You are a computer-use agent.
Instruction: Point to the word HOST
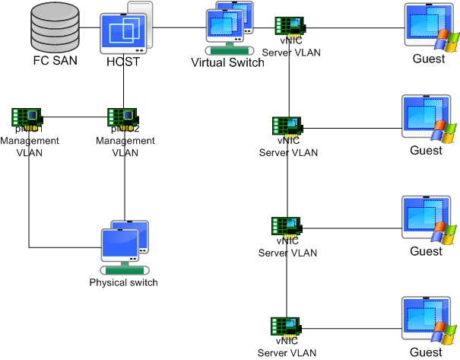123,62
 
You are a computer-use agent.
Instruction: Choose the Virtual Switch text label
227,62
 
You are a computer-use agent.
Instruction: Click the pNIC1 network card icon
27,117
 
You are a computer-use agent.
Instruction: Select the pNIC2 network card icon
122,117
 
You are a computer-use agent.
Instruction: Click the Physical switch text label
123,282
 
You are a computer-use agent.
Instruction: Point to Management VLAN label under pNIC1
29,146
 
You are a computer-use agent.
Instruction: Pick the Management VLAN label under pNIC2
125,146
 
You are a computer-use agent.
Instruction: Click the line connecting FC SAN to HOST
90,28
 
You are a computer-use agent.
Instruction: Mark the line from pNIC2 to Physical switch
124,190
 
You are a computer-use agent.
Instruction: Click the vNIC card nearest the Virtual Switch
290,26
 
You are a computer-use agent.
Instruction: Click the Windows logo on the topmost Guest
442,37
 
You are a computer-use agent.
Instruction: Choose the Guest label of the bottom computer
426,352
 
